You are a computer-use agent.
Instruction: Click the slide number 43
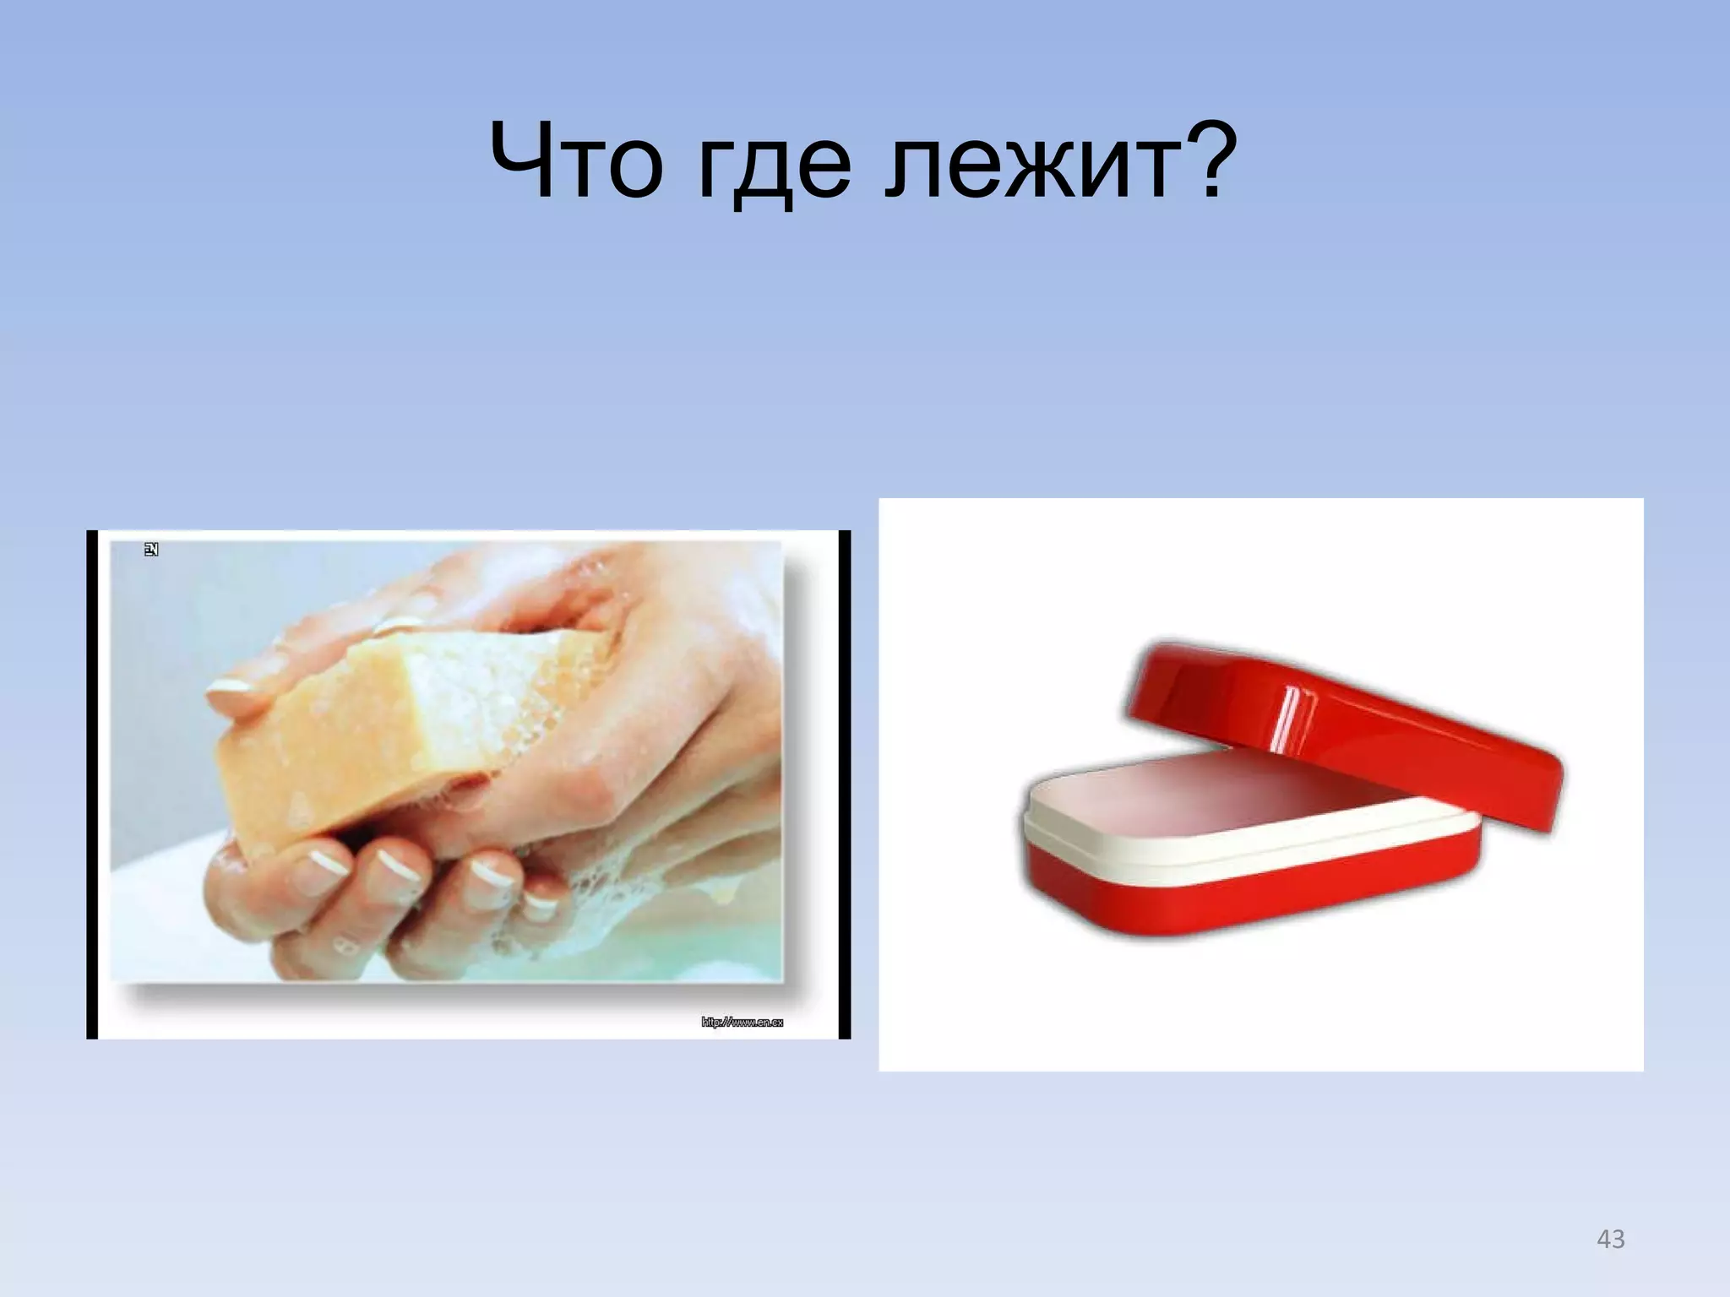pos(1611,1240)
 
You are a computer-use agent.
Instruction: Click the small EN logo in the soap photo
pos(151,550)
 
